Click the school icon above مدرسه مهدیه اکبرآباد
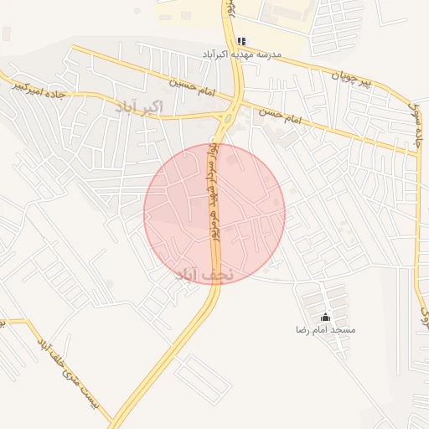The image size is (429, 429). (x=242, y=41)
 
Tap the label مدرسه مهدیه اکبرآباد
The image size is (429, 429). (x=241, y=54)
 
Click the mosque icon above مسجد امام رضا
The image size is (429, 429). (x=325, y=317)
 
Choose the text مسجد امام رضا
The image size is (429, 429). (x=325, y=330)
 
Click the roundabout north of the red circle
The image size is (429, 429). (x=230, y=117)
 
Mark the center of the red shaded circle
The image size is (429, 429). (x=214, y=214)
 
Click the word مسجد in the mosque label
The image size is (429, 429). (x=344, y=330)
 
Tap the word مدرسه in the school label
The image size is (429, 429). (x=269, y=54)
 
